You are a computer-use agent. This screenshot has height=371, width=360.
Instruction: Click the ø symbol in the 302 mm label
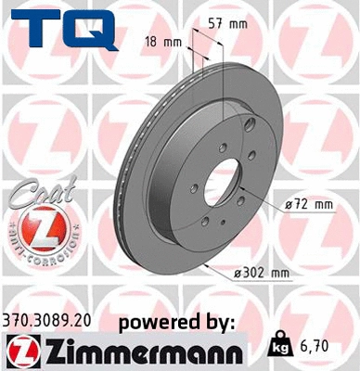pyautogui.click(x=238, y=272)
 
